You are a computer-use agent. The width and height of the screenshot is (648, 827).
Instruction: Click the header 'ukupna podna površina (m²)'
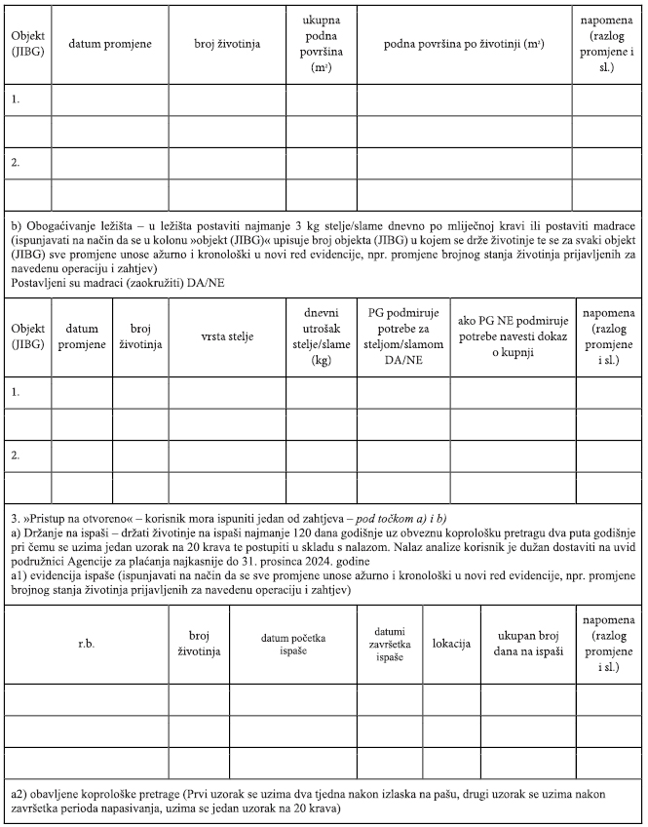322,44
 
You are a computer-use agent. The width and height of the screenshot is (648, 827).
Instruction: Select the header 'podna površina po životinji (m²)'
464,44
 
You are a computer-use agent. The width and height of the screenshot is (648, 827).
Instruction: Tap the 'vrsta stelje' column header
227,336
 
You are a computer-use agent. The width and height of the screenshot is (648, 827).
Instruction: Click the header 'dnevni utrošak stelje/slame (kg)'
321,336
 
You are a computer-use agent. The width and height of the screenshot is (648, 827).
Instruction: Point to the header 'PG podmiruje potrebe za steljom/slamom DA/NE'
403,336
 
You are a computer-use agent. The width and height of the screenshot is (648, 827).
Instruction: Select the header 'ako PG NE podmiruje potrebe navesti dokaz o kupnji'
511,336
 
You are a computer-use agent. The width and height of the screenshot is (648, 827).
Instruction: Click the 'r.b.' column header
86,645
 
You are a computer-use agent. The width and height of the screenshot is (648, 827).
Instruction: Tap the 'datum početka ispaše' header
292,645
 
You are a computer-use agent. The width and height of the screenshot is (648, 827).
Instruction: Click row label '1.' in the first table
16,99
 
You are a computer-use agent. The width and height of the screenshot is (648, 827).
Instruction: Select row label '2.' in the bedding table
16,455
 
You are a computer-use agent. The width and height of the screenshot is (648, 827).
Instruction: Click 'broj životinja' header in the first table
227,44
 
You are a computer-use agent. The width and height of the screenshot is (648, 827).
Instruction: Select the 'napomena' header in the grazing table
607,645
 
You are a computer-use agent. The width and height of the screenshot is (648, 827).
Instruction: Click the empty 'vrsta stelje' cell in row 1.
227,392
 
